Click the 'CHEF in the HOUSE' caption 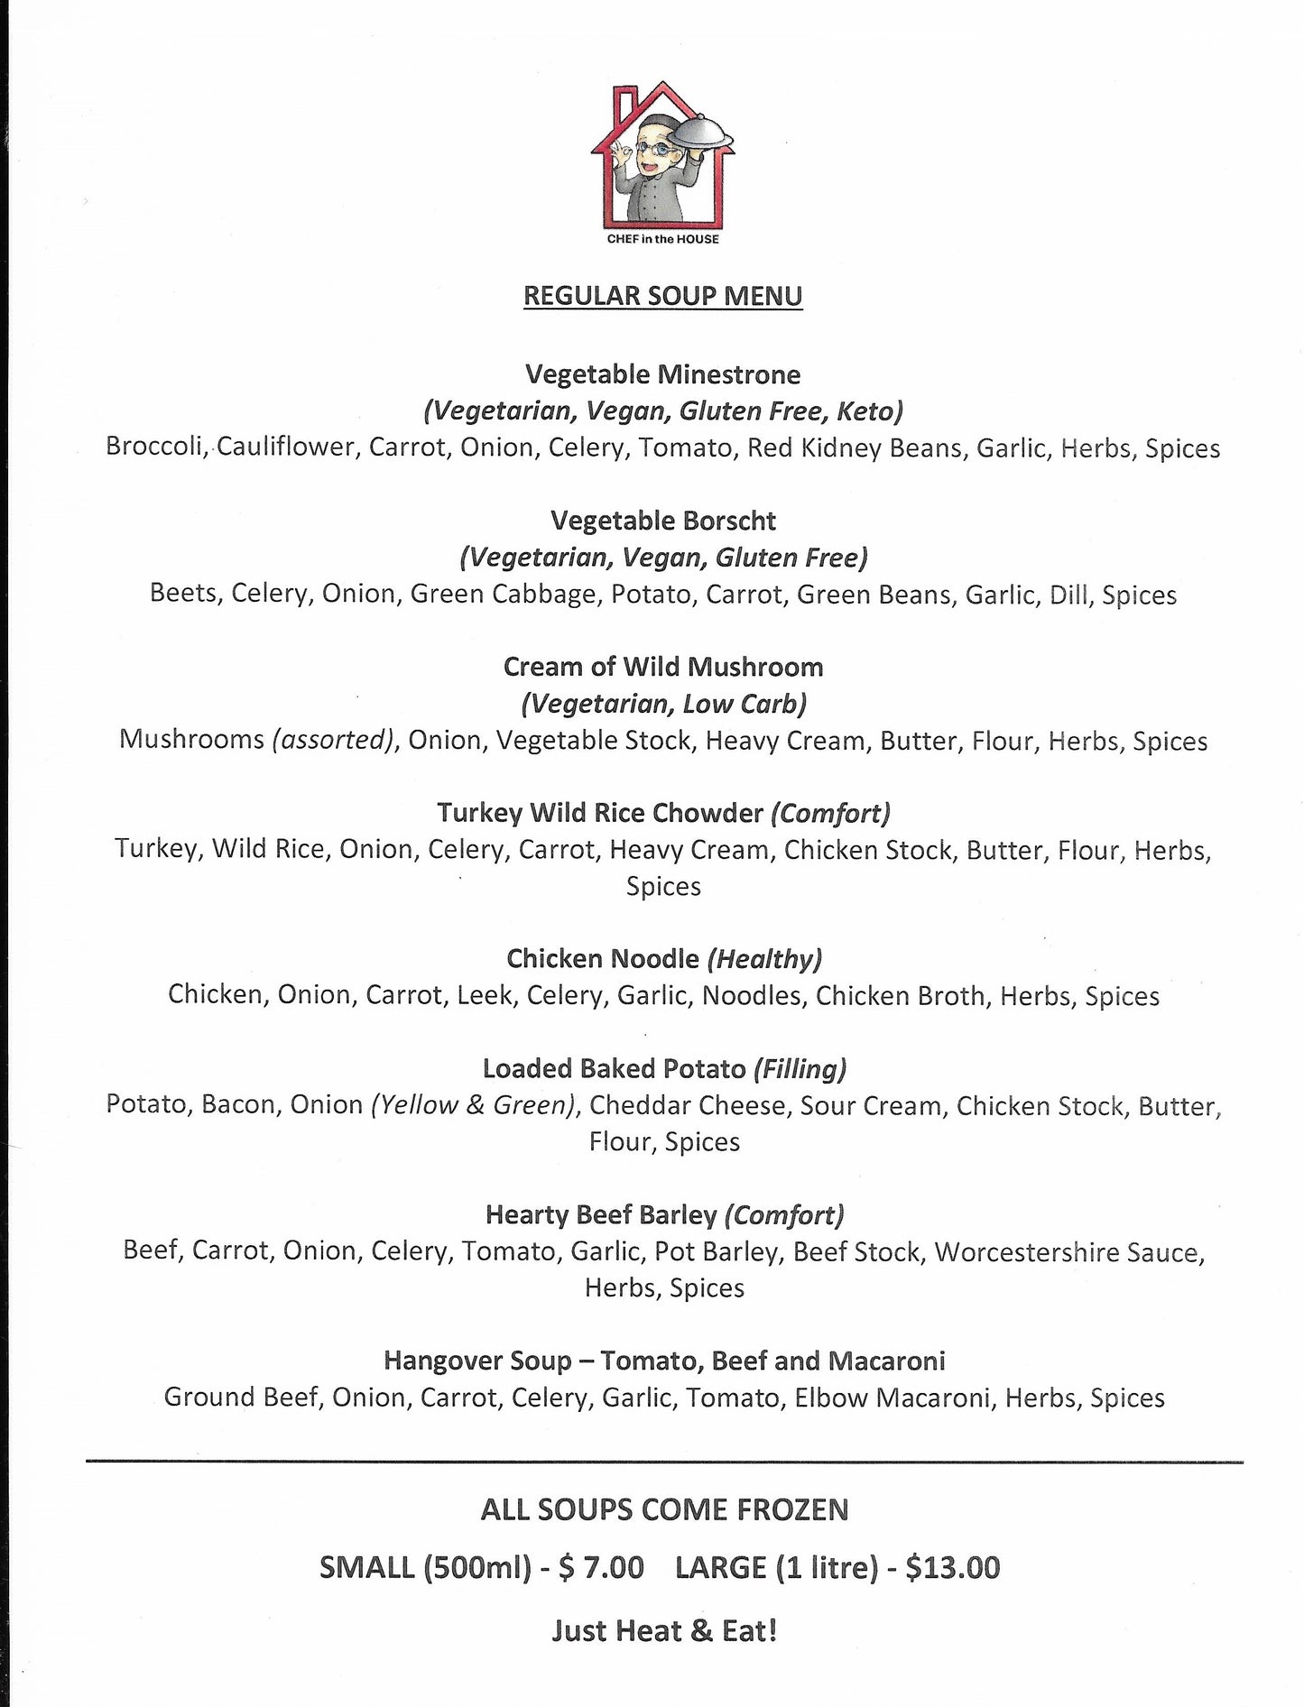(x=663, y=239)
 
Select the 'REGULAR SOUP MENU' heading (x=662, y=296)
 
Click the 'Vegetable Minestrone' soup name (x=662, y=374)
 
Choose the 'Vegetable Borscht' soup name (x=662, y=521)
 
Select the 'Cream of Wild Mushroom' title (x=662, y=667)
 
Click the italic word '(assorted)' (x=334, y=740)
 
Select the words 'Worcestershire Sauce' (x=1068, y=1251)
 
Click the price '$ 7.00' (x=601, y=1567)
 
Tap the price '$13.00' (x=952, y=1567)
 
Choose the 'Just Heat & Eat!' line (x=663, y=1631)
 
